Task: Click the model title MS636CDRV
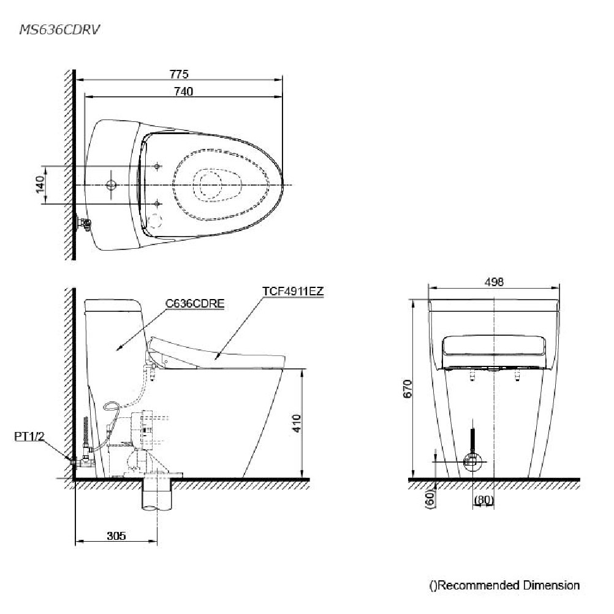[59, 30]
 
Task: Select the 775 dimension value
[179, 74]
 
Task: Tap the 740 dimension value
[183, 91]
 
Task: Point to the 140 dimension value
[40, 184]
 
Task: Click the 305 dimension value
[116, 536]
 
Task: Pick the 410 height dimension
[297, 423]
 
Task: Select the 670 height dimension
[407, 388]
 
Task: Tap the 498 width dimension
[494, 282]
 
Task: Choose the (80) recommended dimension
[483, 500]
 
